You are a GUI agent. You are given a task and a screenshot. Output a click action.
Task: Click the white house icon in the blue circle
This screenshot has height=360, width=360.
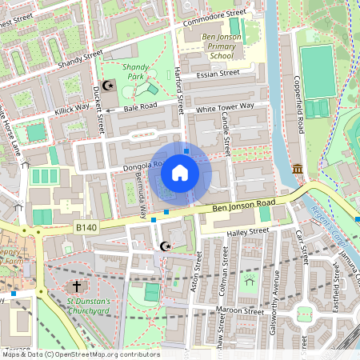pyautogui.click(x=180, y=172)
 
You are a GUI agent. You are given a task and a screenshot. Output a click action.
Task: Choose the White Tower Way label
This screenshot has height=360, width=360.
pyautogui.click(x=225, y=106)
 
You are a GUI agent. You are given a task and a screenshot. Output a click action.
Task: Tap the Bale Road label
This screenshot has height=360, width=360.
pyautogui.click(x=139, y=105)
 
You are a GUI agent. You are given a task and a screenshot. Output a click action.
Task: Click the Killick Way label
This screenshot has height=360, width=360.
pyautogui.click(x=72, y=108)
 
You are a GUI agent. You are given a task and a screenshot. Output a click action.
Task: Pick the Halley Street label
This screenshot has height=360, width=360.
pyautogui.click(x=247, y=232)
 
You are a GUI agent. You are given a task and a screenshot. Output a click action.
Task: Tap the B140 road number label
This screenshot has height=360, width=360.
pyautogui.click(x=86, y=228)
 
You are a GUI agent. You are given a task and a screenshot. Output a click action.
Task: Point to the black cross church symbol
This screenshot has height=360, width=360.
pyautogui.click(x=77, y=286)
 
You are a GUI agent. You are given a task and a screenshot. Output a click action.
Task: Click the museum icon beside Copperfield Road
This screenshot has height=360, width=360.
pyautogui.click(x=298, y=169)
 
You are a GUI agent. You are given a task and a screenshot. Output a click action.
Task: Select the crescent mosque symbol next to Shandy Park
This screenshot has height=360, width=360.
pyautogui.click(x=110, y=86)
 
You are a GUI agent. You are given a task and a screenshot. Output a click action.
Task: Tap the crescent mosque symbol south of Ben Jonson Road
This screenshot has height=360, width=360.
pyautogui.click(x=166, y=246)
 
